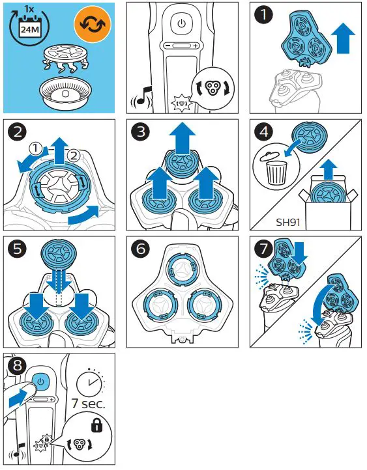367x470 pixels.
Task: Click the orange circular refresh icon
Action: (92, 24)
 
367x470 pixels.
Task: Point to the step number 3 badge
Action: (141, 133)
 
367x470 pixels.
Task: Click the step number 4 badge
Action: (263, 133)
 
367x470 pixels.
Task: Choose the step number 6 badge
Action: (141, 250)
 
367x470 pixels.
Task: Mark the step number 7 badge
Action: (263, 250)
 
